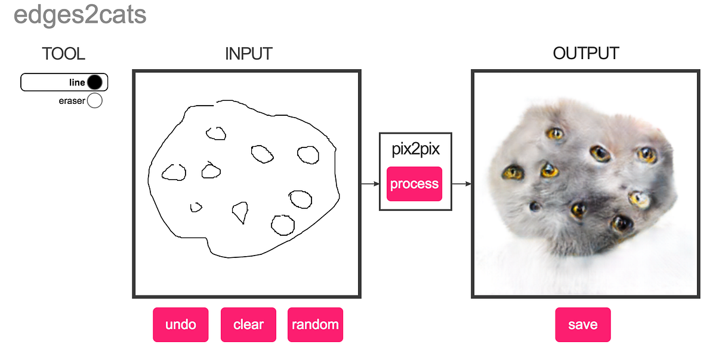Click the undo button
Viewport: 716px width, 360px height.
180,325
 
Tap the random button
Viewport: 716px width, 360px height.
315,325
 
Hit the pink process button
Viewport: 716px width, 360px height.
414,184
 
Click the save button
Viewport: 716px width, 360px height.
582,325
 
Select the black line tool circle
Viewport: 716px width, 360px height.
94,82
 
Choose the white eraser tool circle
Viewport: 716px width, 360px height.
94,101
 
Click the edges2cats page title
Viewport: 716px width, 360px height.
80,15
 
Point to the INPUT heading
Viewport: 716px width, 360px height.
248,54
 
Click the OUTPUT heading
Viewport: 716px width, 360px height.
585,54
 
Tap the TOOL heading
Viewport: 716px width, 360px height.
63,54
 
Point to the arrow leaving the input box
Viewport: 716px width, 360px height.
370,184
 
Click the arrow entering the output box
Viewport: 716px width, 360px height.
461,184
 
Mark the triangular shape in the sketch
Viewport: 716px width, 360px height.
240,211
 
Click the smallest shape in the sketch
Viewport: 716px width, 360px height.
196,207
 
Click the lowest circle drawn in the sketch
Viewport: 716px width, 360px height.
282,224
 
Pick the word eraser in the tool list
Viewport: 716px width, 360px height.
72,101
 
